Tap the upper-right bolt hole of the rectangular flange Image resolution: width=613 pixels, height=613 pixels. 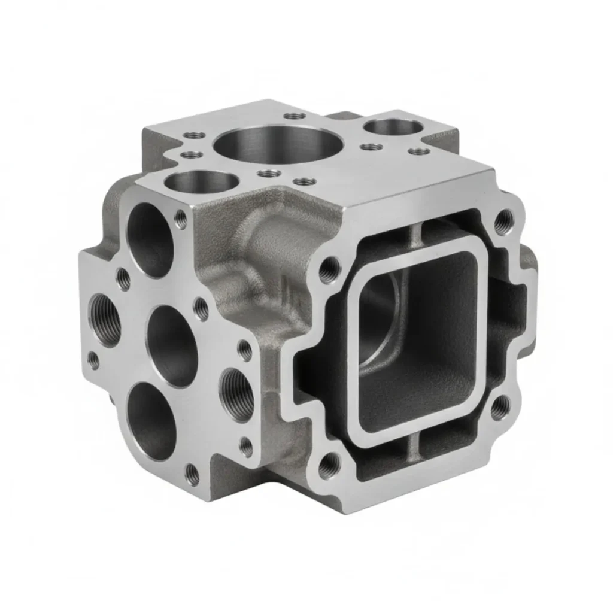(504, 221)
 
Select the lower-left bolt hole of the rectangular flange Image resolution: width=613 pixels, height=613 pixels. (328, 465)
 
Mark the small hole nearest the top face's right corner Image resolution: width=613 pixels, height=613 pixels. (423, 151)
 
